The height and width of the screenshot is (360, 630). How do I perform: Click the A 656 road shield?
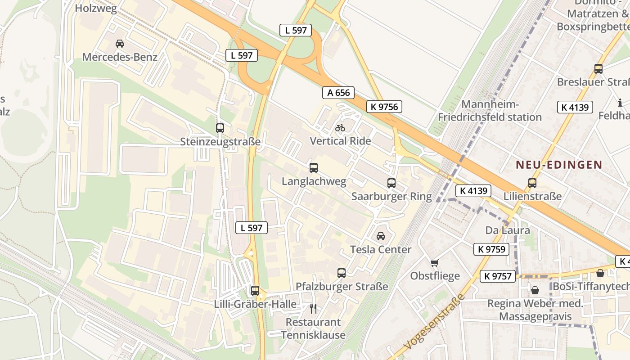pyautogui.click(x=338, y=93)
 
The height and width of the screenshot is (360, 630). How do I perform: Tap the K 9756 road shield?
pyautogui.click(x=384, y=107)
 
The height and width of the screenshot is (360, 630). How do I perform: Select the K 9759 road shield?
pyautogui.click(x=491, y=249)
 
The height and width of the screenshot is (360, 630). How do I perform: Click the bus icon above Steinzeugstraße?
pyautogui.click(x=220, y=128)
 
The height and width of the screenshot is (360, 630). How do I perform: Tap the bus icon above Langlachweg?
pyautogui.click(x=314, y=168)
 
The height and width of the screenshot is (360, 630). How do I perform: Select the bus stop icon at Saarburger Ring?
pyautogui.click(x=391, y=183)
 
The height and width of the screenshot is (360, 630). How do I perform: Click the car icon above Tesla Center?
pyautogui.click(x=381, y=236)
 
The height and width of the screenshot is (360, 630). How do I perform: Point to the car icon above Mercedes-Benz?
pyautogui.click(x=120, y=44)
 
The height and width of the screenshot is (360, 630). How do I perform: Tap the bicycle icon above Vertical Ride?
pyautogui.click(x=340, y=128)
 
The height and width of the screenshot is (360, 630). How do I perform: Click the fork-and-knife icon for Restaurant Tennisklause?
pyautogui.click(x=313, y=309)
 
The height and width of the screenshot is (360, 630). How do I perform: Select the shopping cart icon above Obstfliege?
pyautogui.click(x=434, y=263)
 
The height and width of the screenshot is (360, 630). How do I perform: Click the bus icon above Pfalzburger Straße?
pyautogui.click(x=342, y=273)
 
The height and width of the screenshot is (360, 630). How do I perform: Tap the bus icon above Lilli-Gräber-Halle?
pyautogui.click(x=255, y=291)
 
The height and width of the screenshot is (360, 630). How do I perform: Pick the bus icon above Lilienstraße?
pyautogui.click(x=532, y=183)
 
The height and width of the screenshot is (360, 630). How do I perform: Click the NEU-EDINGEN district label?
pyautogui.click(x=559, y=165)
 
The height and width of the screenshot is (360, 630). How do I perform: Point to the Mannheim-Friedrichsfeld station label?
pyautogui.click(x=490, y=111)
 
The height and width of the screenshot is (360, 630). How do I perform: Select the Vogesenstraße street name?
pyautogui.click(x=434, y=322)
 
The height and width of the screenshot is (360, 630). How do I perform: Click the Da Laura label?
pyautogui.click(x=508, y=230)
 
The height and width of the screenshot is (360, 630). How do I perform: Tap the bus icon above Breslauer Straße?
pyautogui.click(x=598, y=69)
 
